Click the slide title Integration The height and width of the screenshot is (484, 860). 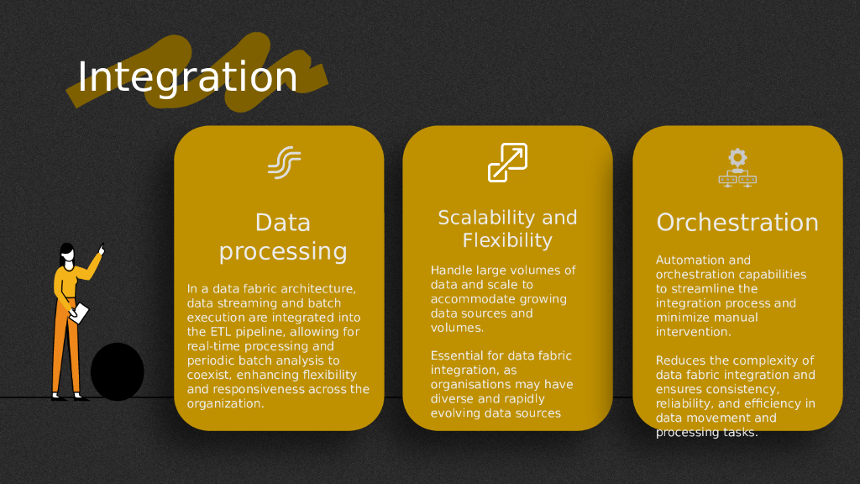coord(187,77)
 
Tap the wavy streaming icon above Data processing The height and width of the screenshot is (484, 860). coord(284,162)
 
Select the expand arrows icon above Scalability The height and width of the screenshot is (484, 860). coord(507,162)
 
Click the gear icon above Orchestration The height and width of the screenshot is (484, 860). coord(737,157)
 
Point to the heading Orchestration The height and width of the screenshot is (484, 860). coord(737,223)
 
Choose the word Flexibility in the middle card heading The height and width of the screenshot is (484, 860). coord(507,240)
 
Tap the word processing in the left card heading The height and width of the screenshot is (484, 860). coord(283,251)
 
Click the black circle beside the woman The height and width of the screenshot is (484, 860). coord(118,371)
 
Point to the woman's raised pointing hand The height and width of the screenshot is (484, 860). coord(102,250)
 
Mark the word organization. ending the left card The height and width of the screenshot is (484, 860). coord(225,403)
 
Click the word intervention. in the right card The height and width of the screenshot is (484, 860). coord(693,332)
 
